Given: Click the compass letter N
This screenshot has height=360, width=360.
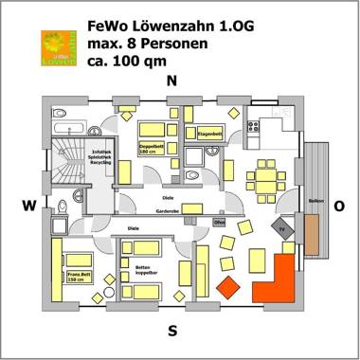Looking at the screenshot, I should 171,81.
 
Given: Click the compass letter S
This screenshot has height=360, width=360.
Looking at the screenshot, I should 171,331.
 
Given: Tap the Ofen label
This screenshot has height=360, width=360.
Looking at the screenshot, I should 219,223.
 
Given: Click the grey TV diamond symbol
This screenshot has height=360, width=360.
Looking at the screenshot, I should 282,227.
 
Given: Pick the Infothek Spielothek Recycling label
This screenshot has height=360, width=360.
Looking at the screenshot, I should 99,157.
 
